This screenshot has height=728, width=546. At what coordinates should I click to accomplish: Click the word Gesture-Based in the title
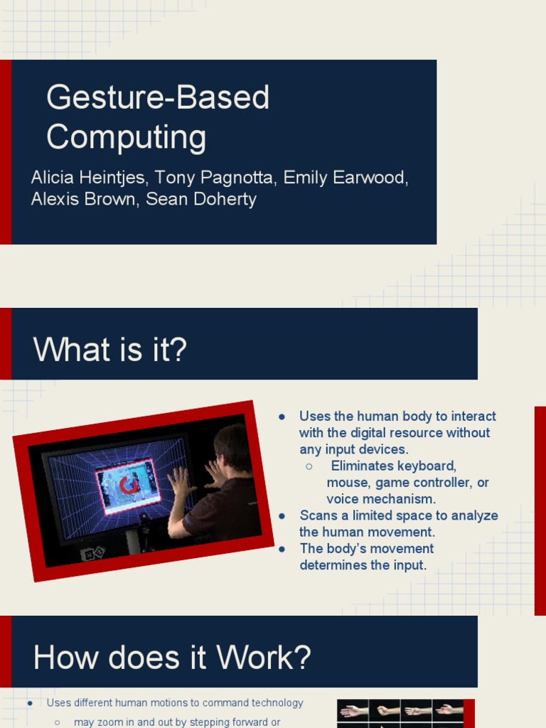(158, 98)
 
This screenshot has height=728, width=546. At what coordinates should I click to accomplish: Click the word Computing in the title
(127, 137)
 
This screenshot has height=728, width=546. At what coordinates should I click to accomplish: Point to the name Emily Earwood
(346, 178)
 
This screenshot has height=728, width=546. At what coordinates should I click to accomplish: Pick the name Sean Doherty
(201, 199)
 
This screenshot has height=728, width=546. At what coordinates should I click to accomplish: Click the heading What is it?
(110, 350)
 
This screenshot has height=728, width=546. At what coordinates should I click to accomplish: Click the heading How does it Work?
(172, 658)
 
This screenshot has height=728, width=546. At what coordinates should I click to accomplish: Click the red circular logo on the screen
(129, 486)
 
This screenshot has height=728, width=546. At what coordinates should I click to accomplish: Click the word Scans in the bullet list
(316, 515)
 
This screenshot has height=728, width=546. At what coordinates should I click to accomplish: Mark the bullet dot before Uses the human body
(282, 417)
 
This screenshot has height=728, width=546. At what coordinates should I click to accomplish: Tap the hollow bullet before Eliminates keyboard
(309, 466)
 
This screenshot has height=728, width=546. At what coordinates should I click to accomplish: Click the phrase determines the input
(363, 565)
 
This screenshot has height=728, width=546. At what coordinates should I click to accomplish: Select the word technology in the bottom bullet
(274, 703)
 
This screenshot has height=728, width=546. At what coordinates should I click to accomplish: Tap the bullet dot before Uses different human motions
(30, 703)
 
